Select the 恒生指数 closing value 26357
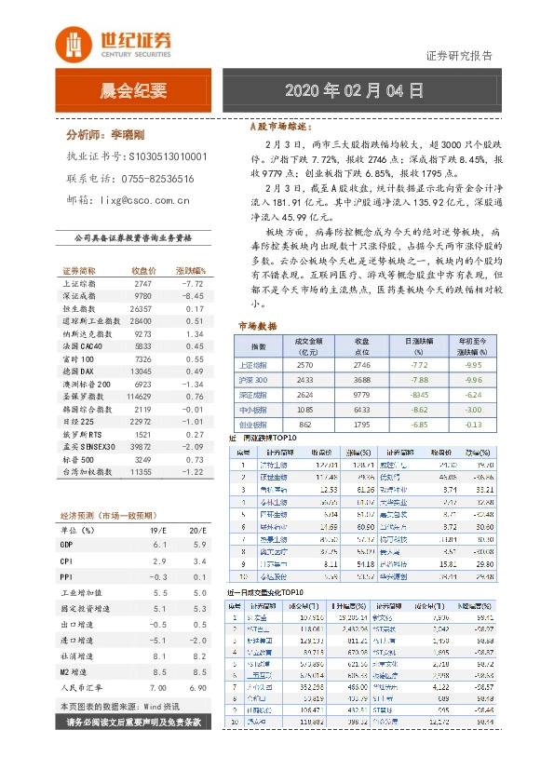point(142,307)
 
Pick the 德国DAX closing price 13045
point(142,371)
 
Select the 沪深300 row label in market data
point(253,380)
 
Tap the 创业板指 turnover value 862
point(306,424)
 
